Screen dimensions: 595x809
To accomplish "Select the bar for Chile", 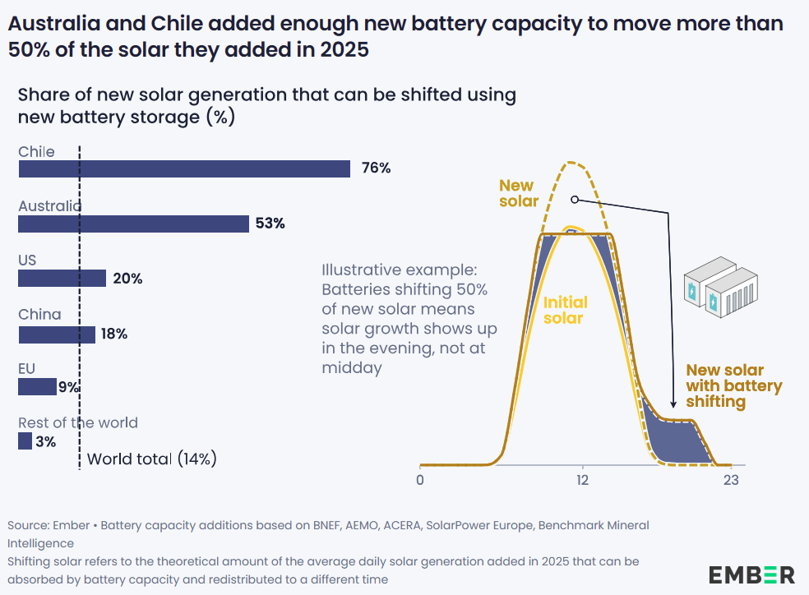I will coord(184,168).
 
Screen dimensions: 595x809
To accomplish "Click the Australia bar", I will coord(133,224).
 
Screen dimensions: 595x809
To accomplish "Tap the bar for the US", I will coord(62,279).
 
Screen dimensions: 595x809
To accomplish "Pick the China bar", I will coord(57,334).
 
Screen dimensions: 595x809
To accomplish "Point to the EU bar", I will coord(37,386).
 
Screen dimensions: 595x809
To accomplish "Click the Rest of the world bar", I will coord(25,442).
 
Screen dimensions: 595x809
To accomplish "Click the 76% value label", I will coord(376,168).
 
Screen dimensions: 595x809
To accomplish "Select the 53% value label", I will coord(270,224).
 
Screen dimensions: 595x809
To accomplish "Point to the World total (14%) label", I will coord(151,459).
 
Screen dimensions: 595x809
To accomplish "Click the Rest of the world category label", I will coord(78,423).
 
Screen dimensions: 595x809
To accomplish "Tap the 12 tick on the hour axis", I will coord(582,480).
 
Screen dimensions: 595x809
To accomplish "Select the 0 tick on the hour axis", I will coord(420,480).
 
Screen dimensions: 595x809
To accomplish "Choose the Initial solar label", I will coord(566,311).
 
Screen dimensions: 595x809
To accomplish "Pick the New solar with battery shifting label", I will coord(733,386).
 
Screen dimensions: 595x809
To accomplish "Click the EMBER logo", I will coord(751,574).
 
